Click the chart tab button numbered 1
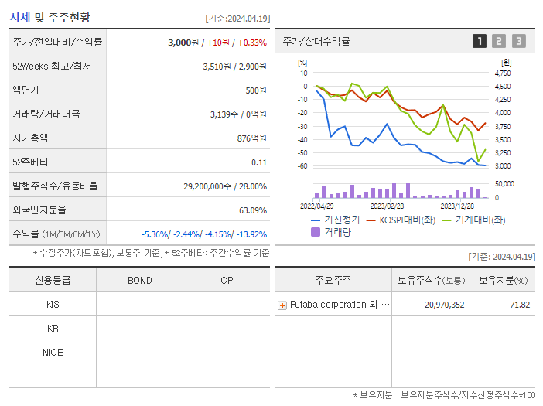tap(480, 42)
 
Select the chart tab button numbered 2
tap(499, 42)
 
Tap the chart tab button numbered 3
tap(518, 42)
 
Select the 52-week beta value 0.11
tap(259, 162)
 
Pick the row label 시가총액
tap(31, 138)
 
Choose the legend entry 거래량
tap(337, 231)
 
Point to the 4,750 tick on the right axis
tap(502, 73)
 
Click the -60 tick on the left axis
tap(302, 166)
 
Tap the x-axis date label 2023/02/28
tap(388, 206)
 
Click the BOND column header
tap(140, 280)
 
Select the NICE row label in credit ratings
tap(53, 353)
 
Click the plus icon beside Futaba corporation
tap(282, 305)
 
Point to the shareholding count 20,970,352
tap(444, 305)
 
